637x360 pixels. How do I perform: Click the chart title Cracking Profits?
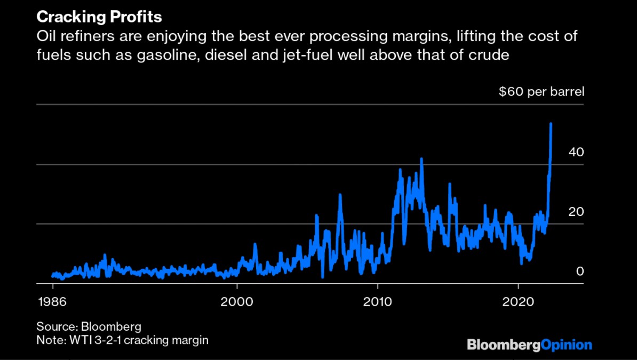coord(99,17)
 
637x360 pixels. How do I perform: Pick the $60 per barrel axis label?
coord(542,92)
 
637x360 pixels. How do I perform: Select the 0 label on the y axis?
coord(580,271)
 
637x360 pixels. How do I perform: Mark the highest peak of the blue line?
coord(551,124)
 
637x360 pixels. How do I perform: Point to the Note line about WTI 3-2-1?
coord(122,340)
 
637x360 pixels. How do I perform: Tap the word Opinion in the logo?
coord(567,345)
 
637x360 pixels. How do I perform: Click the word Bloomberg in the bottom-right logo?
coord(504,345)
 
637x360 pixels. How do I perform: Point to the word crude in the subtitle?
coord(485,54)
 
